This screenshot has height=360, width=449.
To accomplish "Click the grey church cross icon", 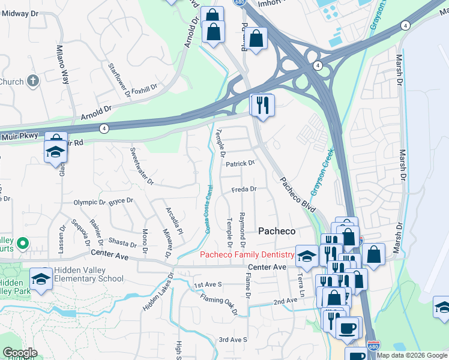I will click(32, 80).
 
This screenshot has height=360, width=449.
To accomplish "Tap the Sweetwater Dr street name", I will click(142, 166).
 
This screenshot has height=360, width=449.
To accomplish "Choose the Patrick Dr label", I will click(240, 163).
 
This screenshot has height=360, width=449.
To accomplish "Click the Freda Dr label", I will click(244, 189).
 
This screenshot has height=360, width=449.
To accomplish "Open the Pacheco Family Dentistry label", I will click(246, 255).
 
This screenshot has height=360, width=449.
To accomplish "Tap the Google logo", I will click(20, 353).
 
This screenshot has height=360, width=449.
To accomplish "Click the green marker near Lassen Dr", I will click(22, 243).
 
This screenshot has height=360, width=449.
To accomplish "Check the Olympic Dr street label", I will click(89, 202).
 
